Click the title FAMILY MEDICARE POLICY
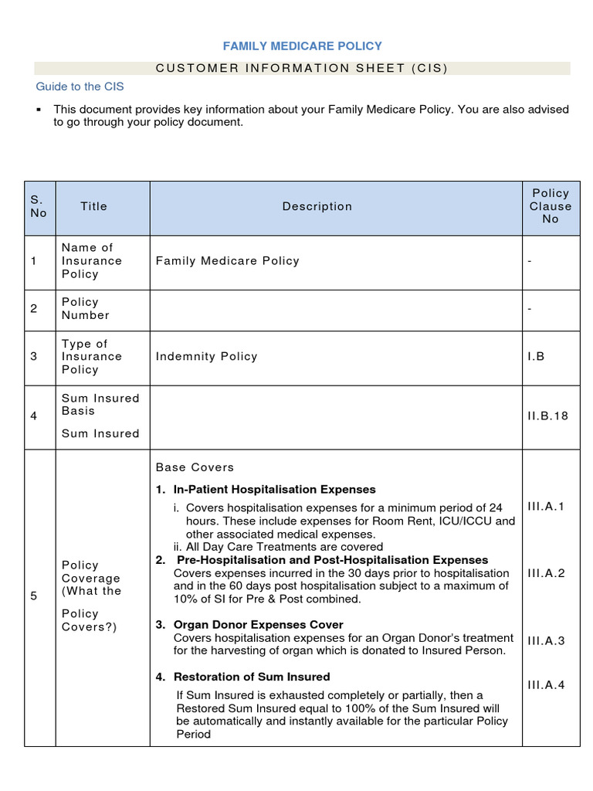click(303, 46)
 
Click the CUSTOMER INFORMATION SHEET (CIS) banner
click(302, 68)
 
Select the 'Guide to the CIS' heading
click(80, 87)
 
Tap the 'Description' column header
click(317, 206)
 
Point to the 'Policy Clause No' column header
click(551, 206)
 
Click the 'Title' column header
click(93, 206)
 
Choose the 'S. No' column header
click(39, 206)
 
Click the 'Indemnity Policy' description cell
click(206, 357)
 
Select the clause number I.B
click(536, 357)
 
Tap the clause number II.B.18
click(547, 416)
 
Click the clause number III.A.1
click(546, 506)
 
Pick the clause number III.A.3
click(546, 640)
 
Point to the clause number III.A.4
click(546, 684)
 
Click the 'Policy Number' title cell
click(86, 308)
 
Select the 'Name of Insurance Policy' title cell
click(92, 261)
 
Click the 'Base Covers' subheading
click(195, 467)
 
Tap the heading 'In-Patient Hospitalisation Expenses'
click(274, 490)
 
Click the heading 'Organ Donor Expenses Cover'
click(258, 624)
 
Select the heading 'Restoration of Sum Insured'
click(251, 677)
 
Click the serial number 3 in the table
click(34, 357)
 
